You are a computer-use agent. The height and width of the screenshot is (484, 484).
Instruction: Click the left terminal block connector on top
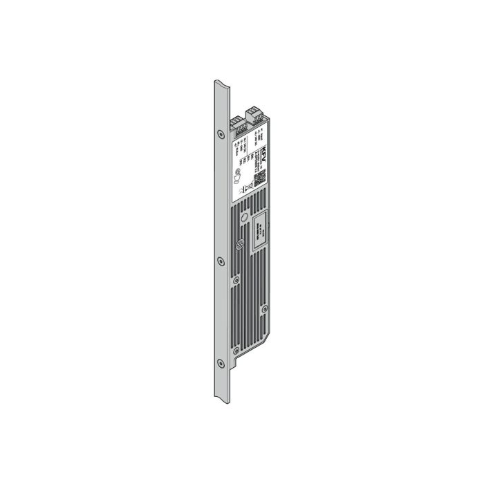pyautogui.click(x=235, y=124)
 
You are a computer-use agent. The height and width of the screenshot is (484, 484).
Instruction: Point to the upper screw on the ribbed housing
pyautogui.click(x=243, y=217)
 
